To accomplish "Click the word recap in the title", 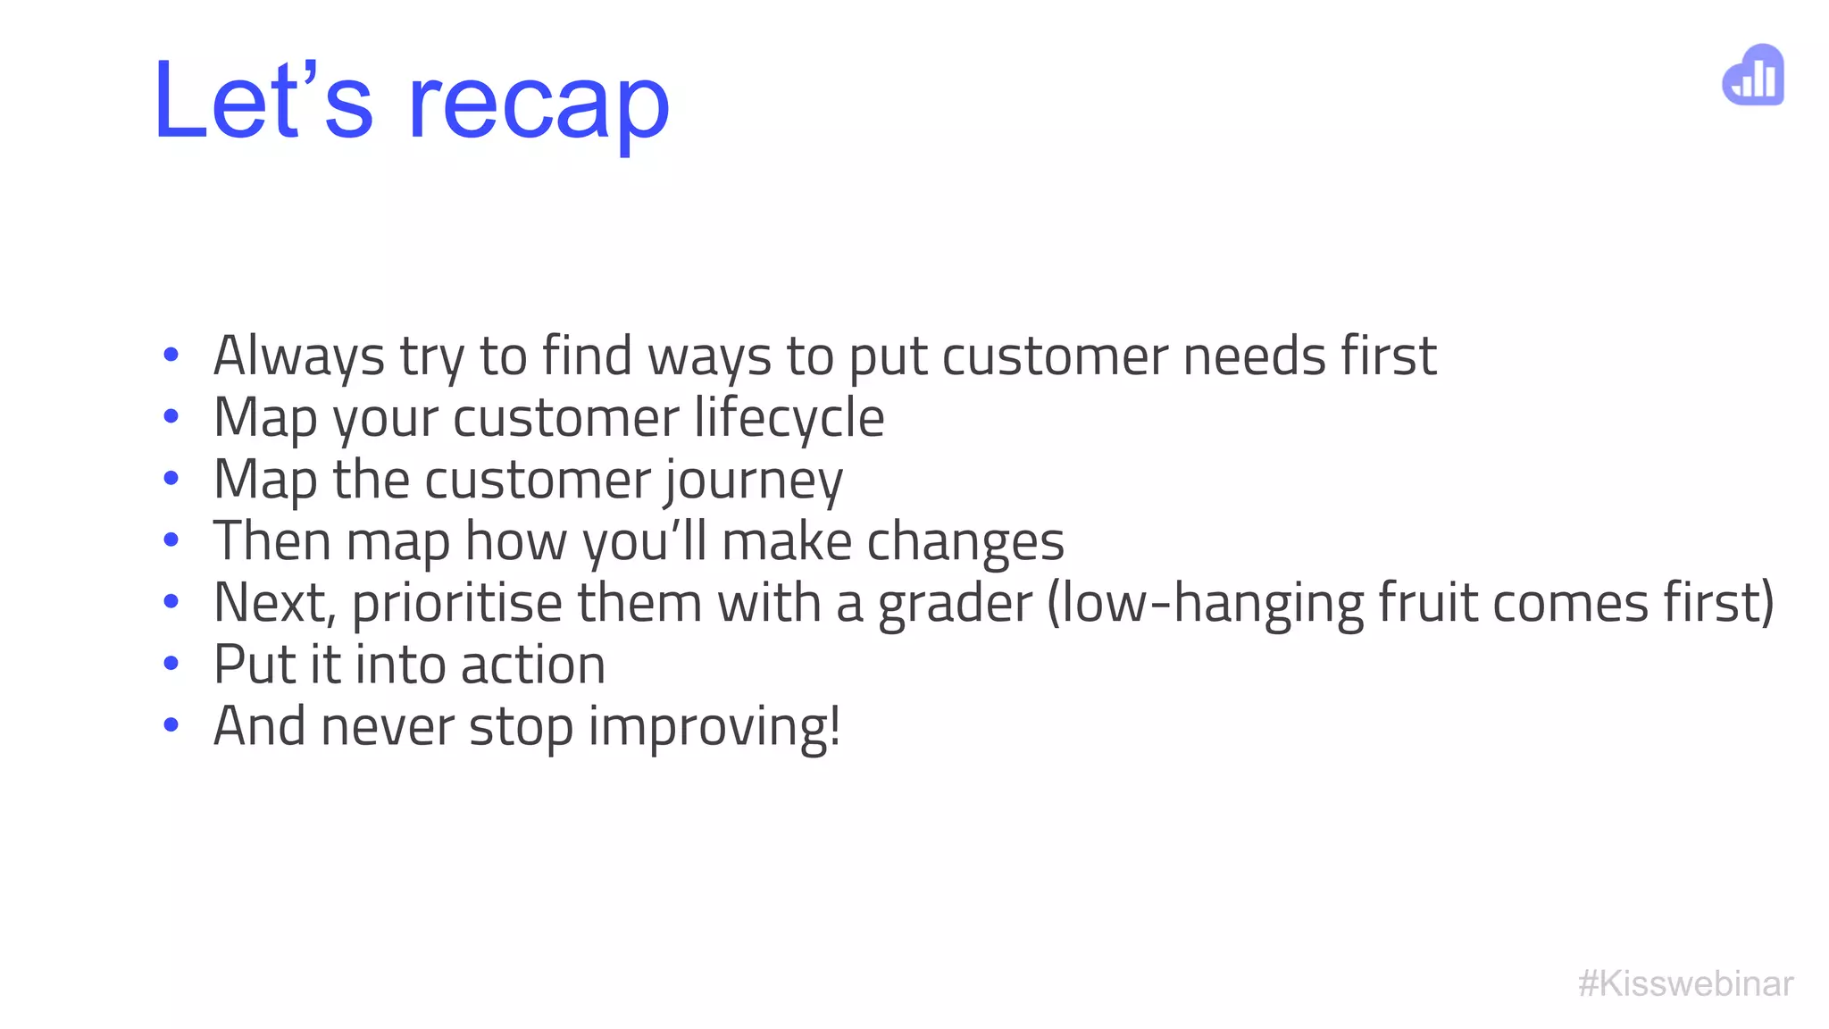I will (539, 105).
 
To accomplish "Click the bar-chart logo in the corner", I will (1753, 75).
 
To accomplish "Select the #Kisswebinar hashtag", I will (1685, 983).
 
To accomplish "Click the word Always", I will (299, 356).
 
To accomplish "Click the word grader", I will (955, 604).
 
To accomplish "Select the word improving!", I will (714, 727).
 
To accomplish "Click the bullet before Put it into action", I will (171, 663).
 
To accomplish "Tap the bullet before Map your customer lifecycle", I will (171, 416).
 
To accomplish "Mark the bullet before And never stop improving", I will (171, 724).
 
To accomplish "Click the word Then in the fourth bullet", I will (272, 542).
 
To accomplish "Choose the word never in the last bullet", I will (388, 727).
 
